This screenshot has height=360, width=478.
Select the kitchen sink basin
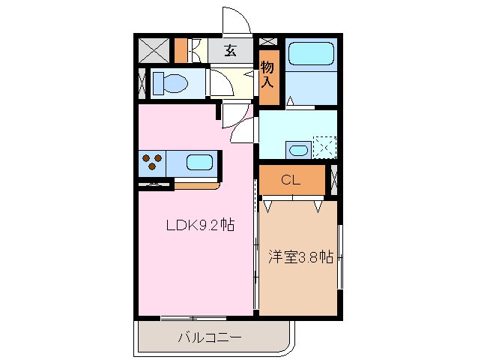(x=198, y=162)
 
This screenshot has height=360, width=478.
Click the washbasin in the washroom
(x=297, y=149)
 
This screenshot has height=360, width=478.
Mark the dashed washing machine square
(x=324, y=146)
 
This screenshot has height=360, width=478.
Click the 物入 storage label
(x=268, y=76)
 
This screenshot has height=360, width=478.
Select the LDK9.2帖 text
(x=196, y=225)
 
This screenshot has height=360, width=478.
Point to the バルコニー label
(x=209, y=337)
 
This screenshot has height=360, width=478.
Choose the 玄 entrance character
(x=230, y=52)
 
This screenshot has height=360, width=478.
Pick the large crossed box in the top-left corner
(x=154, y=50)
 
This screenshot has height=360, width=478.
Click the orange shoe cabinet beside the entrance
(x=181, y=50)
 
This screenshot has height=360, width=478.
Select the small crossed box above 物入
(x=269, y=41)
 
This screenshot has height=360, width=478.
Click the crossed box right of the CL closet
(x=333, y=180)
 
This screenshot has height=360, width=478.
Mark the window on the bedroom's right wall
(x=340, y=256)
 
